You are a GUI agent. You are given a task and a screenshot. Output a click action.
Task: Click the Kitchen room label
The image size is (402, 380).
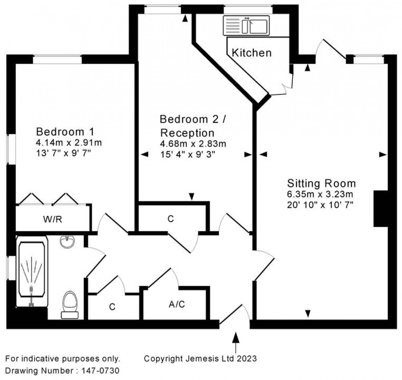click(x=251, y=52)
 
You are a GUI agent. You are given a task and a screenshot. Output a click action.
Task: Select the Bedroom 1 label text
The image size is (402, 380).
click(x=65, y=131)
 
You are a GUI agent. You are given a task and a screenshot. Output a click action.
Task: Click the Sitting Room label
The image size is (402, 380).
click(x=322, y=183)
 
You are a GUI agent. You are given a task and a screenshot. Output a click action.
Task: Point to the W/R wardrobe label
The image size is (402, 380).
click(x=52, y=219)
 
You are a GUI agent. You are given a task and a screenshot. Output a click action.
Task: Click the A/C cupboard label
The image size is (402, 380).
click(x=177, y=304)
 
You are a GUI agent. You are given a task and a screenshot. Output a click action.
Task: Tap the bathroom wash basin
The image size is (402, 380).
click(x=68, y=242)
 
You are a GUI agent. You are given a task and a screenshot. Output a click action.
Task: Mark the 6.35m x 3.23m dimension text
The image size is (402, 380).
click(x=320, y=194)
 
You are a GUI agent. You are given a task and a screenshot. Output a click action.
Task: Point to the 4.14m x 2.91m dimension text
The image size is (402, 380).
click(x=69, y=142)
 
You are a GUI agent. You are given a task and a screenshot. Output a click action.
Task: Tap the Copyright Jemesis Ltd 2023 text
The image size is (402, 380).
click(x=201, y=359)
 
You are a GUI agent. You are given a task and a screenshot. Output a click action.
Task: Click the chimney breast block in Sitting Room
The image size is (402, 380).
click(x=381, y=208)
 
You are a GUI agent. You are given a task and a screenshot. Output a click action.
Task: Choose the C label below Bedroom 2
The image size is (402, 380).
click(x=170, y=219)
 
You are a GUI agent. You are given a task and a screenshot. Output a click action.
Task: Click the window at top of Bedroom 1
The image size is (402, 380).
click(x=57, y=60)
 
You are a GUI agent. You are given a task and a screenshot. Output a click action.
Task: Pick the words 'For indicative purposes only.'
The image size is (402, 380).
click(x=63, y=359)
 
